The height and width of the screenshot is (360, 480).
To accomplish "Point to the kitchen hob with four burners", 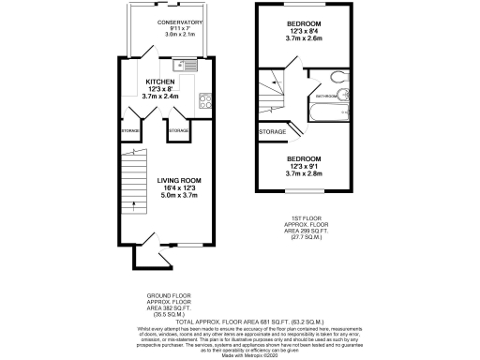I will [x=204, y=96].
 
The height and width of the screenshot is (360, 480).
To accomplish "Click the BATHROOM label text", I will [x=325, y=96].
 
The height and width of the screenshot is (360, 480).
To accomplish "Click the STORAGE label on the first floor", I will [x=273, y=131].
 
